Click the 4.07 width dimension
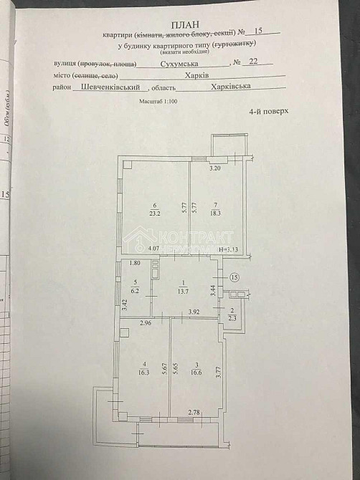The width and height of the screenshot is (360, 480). tap(153, 249)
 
